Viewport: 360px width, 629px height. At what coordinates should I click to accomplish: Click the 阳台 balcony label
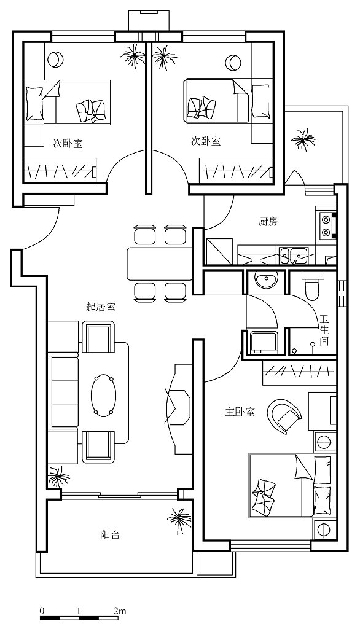click(x=109, y=535)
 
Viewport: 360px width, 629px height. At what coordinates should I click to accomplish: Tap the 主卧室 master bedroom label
click(x=240, y=412)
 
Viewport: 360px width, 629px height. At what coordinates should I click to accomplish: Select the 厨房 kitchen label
click(x=268, y=221)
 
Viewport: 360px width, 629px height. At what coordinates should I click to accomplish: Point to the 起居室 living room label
click(x=101, y=307)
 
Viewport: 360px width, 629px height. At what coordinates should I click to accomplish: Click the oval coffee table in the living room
click(x=104, y=395)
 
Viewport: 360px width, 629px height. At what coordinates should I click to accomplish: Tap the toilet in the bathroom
click(x=311, y=287)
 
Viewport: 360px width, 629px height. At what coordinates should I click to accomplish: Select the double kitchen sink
click(x=294, y=256)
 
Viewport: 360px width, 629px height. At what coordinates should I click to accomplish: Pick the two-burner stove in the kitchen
click(x=326, y=226)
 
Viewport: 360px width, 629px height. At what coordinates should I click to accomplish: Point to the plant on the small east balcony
click(x=303, y=140)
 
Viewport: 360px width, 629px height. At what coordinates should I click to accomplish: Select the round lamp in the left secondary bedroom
click(x=55, y=60)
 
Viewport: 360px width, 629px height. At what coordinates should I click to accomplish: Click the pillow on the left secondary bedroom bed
click(x=34, y=103)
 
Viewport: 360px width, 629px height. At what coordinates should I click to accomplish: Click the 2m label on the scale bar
click(x=120, y=611)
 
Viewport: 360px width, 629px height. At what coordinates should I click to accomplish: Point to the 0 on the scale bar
click(x=42, y=611)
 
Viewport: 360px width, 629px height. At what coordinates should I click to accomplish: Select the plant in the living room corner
click(x=58, y=477)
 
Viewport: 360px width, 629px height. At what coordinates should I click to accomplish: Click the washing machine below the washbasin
click(x=264, y=342)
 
